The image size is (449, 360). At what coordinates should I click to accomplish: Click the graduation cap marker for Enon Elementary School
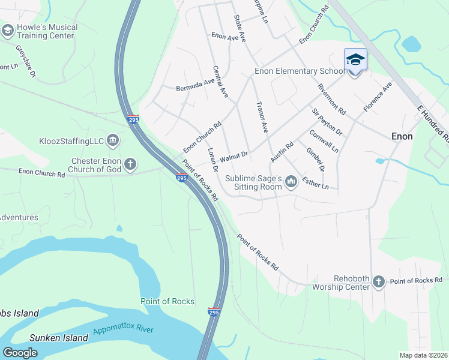coord(355,60)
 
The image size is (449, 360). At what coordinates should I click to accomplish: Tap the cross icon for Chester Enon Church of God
coord(130,164)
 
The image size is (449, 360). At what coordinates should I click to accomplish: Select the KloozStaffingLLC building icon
coord(113,141)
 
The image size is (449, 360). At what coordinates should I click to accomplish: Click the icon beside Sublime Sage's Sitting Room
coord(291,181)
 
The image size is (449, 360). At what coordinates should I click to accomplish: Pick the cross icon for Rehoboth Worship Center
coord(378,281)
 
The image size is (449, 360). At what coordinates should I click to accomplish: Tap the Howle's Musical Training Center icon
coord(8,31)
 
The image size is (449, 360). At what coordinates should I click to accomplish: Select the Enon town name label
coord(402,136)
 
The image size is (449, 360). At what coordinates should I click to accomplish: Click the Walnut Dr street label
coord(234,157)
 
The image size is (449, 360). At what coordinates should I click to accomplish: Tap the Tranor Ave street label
coord(261,117)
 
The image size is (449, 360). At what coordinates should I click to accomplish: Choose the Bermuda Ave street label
coord(195,85)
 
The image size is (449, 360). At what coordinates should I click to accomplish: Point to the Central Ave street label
coord(220,82)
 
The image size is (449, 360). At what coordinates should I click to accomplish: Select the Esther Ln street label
coord(315,182)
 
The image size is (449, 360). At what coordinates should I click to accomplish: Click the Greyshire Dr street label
coord(26,61)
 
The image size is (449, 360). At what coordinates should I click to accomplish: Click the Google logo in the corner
coord(20,352)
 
